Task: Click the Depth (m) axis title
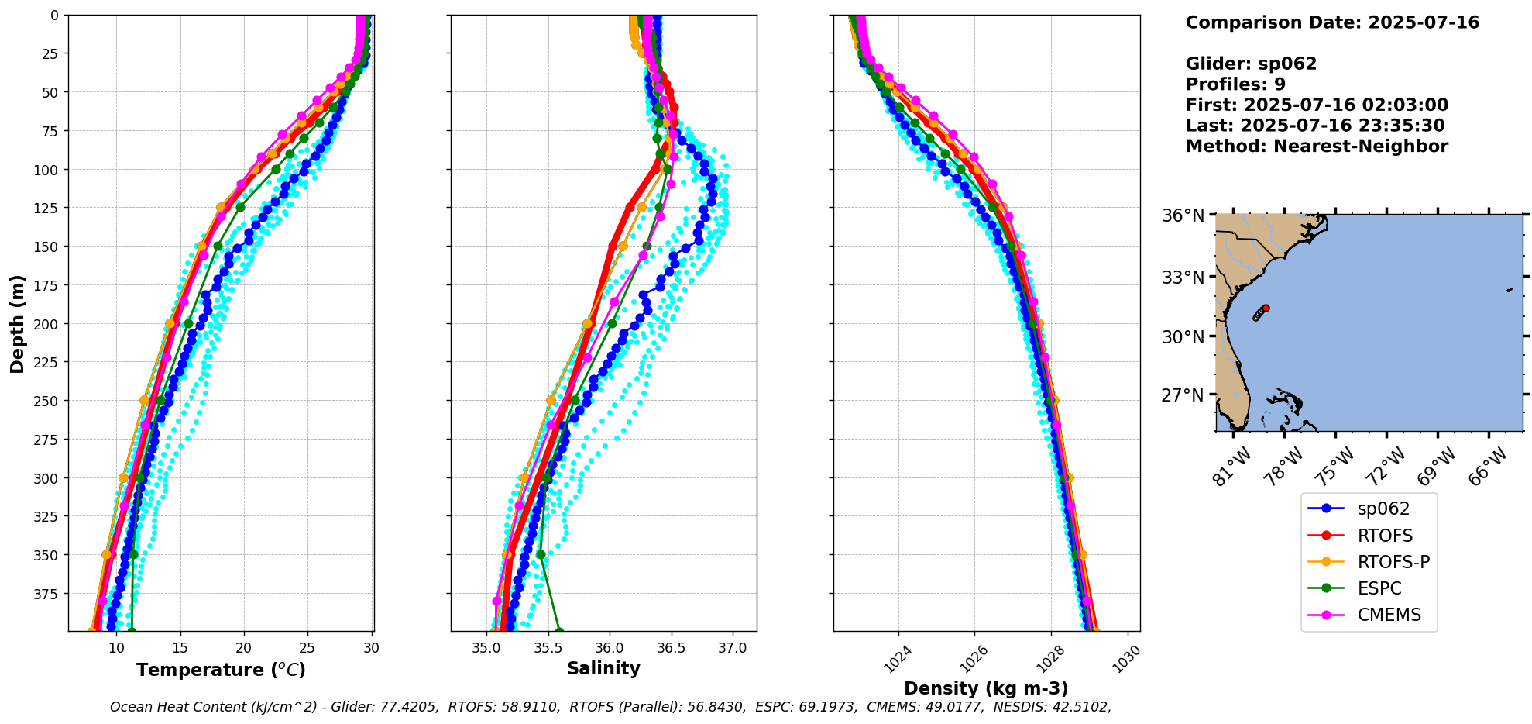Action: [17, 323]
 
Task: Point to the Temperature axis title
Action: [221, 670]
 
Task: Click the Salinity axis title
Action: [603, 668]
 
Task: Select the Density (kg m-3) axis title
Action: [986, 688]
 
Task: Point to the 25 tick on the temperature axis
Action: [307, 648]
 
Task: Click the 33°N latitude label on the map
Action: [1182, 277]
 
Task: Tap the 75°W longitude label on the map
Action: [1336, 467]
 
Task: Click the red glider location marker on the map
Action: [1266, 308]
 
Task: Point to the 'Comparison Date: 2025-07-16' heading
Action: [1332, 22]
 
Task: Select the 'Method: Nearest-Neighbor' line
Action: [1317, 147]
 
